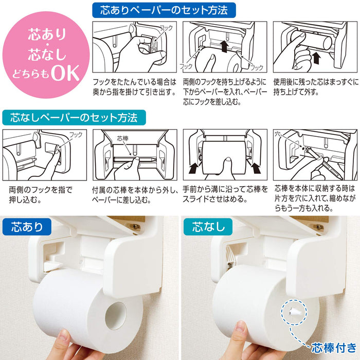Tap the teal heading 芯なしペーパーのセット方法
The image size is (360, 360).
[x=75, y=117]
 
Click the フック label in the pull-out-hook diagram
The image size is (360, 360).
[x=167, y=27]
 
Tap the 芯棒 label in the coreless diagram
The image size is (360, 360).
[x=122, y=138]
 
